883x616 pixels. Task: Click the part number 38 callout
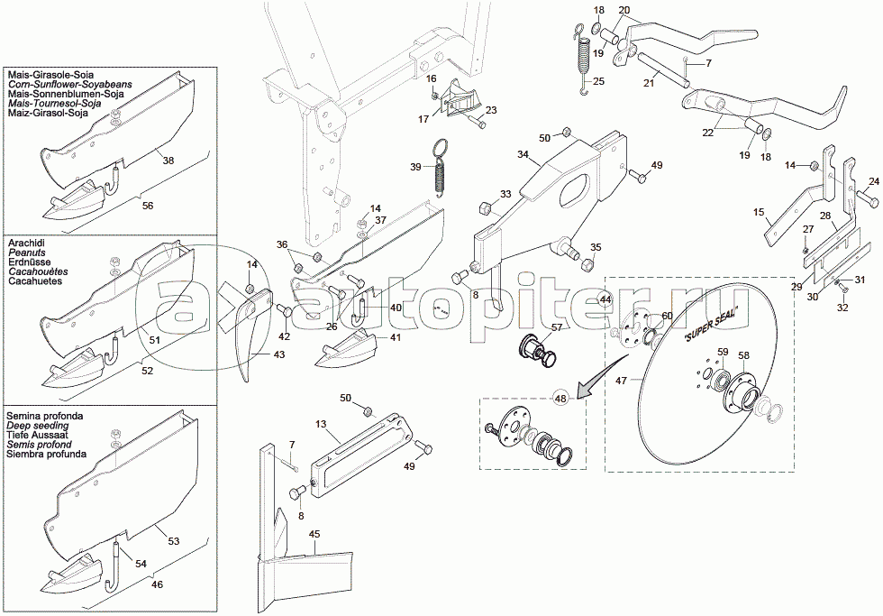point(168,160)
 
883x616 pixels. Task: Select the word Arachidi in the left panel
point(28,244)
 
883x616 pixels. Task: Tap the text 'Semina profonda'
point(45,414)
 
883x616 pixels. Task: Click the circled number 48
point(561,398)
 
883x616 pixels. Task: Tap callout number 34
point(523,155)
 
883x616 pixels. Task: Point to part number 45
point(314,535)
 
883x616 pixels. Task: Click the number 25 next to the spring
point(599,82)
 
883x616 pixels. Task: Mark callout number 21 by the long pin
point(649,82)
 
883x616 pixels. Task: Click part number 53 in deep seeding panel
point(174,541)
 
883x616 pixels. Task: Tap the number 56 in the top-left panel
point(149,205)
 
